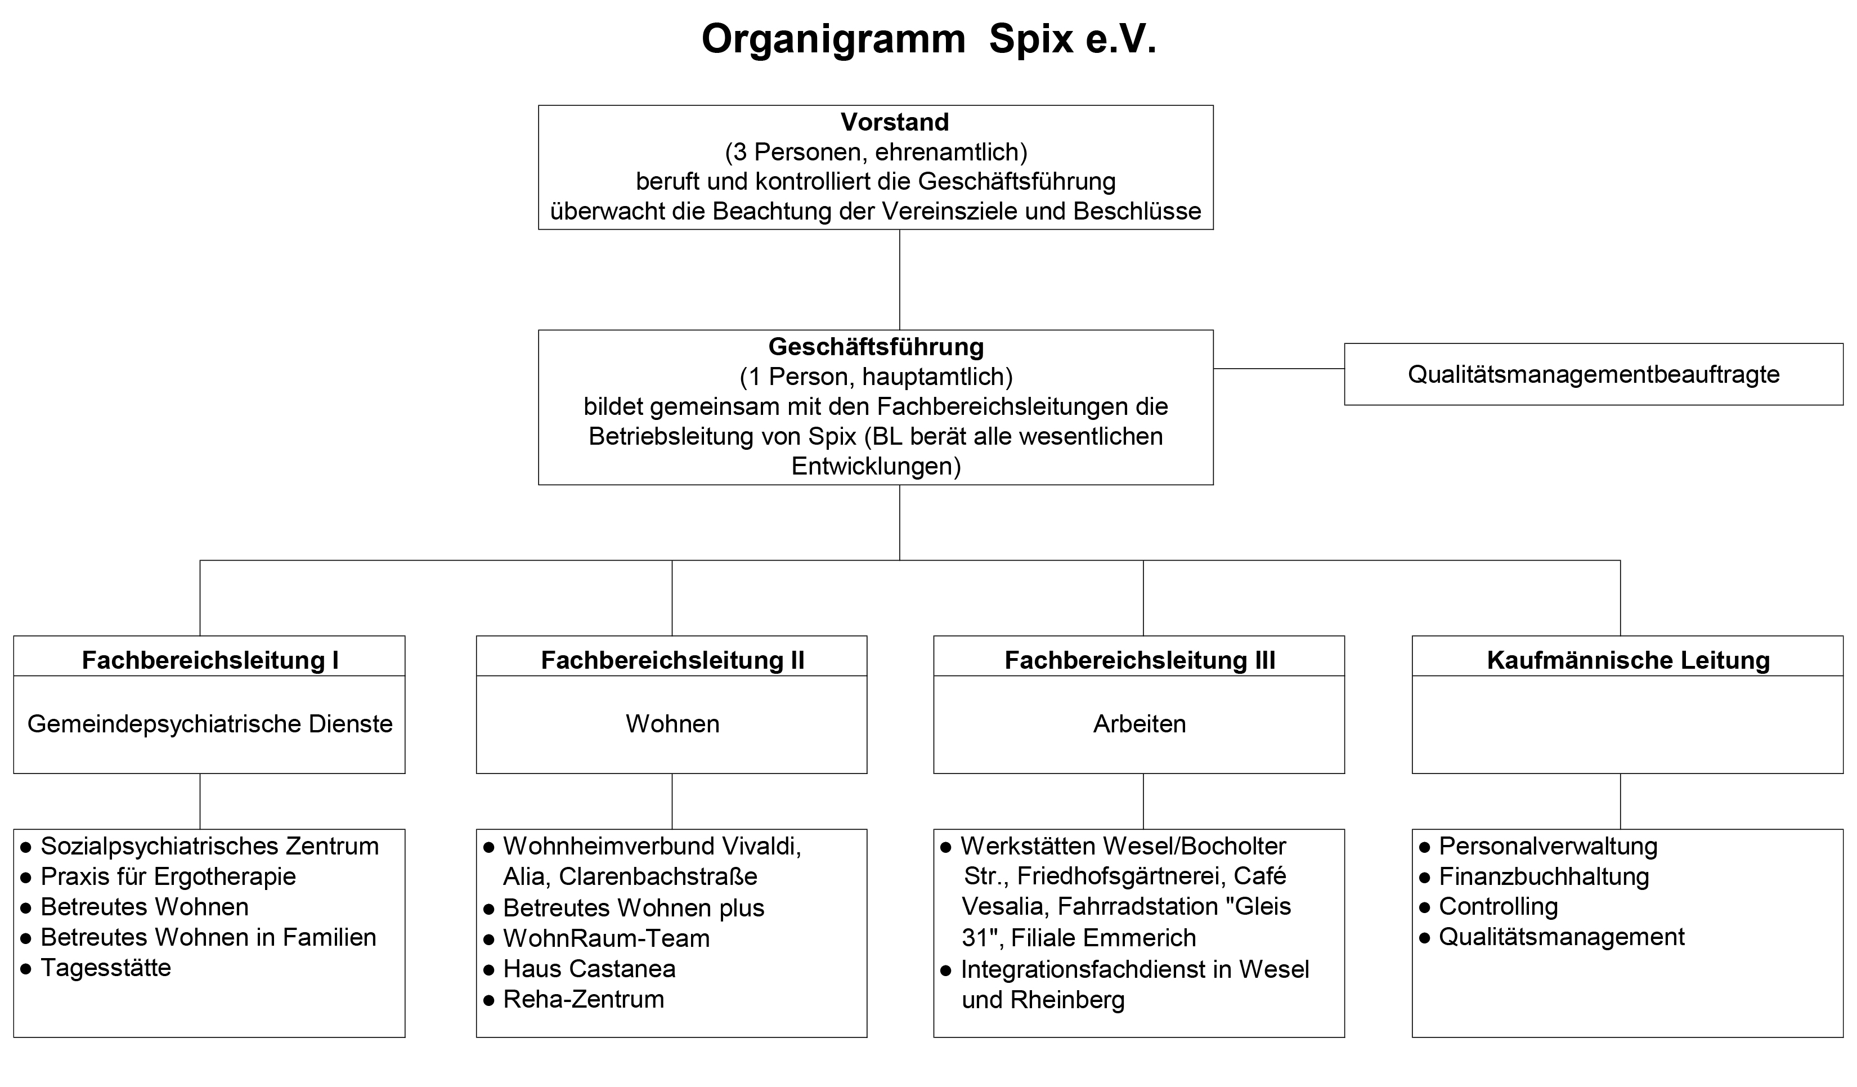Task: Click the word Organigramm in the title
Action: click(x=833, y=40)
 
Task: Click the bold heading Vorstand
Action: click(x=895, y=122)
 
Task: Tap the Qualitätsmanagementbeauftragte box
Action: click(x=1593, y=374)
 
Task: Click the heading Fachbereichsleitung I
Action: click(x=210, y=660)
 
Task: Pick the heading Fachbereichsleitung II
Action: click(x=672, y=660)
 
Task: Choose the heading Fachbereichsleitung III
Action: click(x=1140, y=660)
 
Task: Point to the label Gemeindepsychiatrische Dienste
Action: click(x=210, y=724)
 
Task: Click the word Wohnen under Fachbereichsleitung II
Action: click(x=672, y=724)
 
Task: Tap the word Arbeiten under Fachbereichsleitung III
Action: click(x=1140, y=724)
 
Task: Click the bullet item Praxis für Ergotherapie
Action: click(x=168, y=876)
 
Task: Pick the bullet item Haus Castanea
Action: click(x=589, y=968)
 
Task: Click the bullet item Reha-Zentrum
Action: click(x=583, y=999)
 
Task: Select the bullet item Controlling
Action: click(x=1497, y=906)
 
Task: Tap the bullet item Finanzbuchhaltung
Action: click(x=1543, y=876)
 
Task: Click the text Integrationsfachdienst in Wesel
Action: click(x=1135, y=969)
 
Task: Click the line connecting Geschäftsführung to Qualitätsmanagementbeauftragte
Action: click(x=1279, y=369)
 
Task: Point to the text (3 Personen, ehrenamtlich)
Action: click(x=876, y=152)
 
